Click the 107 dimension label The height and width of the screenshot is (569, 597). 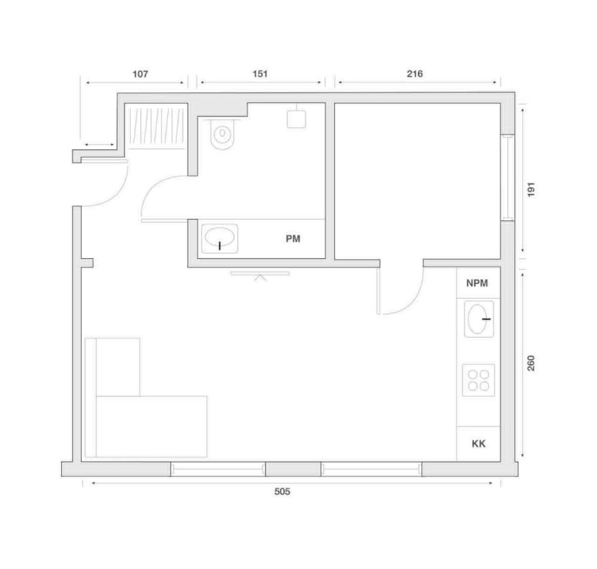point(140,74)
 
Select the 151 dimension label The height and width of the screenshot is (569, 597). point(260,73)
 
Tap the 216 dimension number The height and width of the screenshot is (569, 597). point(414,73)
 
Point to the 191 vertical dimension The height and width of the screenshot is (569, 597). point(531,189)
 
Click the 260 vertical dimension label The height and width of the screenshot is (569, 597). point(531,363)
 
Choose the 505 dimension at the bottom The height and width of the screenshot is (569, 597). point(282,491)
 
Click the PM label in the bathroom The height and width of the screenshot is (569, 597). point(293,239)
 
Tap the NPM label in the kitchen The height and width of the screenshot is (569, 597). point(477,283)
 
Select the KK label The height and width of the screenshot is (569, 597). point(478,444)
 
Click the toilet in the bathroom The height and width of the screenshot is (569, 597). point(222,134)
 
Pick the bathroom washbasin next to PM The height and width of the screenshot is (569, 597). point(220,238)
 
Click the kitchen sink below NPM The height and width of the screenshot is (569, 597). point(479,319)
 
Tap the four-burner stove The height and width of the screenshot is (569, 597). point(478,381)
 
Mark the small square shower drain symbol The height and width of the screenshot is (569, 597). point(296,119)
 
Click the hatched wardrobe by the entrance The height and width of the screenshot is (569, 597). point(156,126)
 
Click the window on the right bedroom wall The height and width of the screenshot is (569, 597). point(507,178)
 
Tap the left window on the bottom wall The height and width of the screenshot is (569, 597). point(217,469)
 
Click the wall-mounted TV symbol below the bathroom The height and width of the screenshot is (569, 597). point(260,275)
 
